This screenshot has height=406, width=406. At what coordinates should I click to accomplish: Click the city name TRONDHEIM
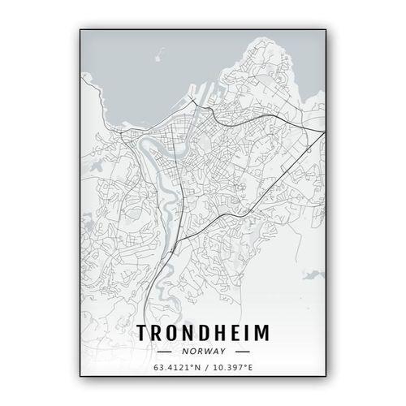click(202, 333)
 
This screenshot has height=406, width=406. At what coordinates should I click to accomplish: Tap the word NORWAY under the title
click(203, 352)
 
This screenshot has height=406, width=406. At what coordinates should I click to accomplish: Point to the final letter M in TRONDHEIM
click(263, 333)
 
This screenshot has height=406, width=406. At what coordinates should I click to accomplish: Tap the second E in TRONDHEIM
click(232, 333)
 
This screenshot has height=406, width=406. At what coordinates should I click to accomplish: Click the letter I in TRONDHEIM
click(244, 333)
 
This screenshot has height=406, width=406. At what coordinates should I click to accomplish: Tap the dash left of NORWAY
click(166, 352)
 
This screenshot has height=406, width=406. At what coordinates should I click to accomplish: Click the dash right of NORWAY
click(241, 352)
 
